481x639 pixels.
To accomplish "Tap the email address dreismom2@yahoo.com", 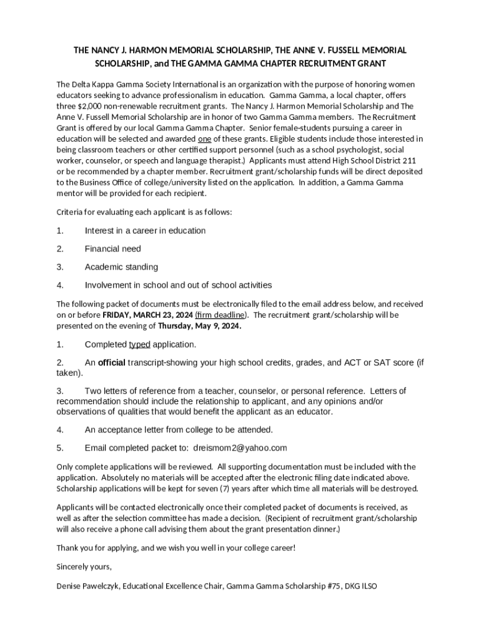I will (x=240, y=447).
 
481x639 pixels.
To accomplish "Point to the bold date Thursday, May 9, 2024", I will (x=199, y=326).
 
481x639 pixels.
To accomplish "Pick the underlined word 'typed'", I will (x=139, y=344).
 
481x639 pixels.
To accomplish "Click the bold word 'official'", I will (x=112, y=363).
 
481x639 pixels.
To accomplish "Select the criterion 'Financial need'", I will (x=113, y=249).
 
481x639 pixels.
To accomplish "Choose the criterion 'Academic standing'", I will (x=121, y=267).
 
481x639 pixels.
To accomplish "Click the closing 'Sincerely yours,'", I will (x=84, y=567).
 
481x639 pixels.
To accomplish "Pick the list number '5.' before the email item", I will (x=60, y=447).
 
